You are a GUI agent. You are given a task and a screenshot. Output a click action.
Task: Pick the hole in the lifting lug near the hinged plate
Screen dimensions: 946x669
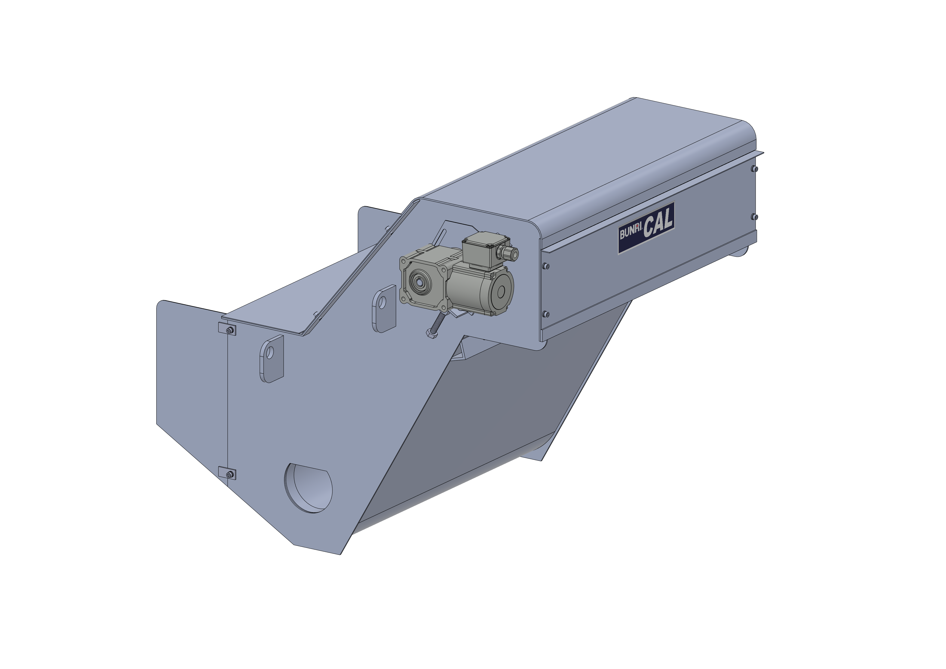pyautogui.click(x=270, y=353)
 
